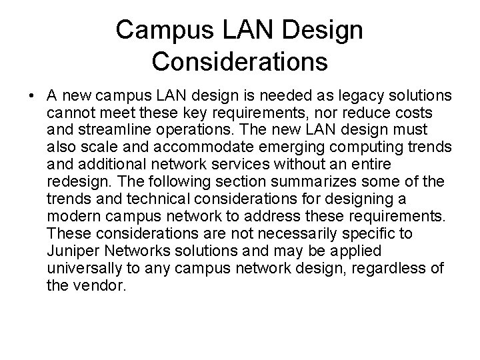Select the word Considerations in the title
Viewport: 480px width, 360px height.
(239, 61)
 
